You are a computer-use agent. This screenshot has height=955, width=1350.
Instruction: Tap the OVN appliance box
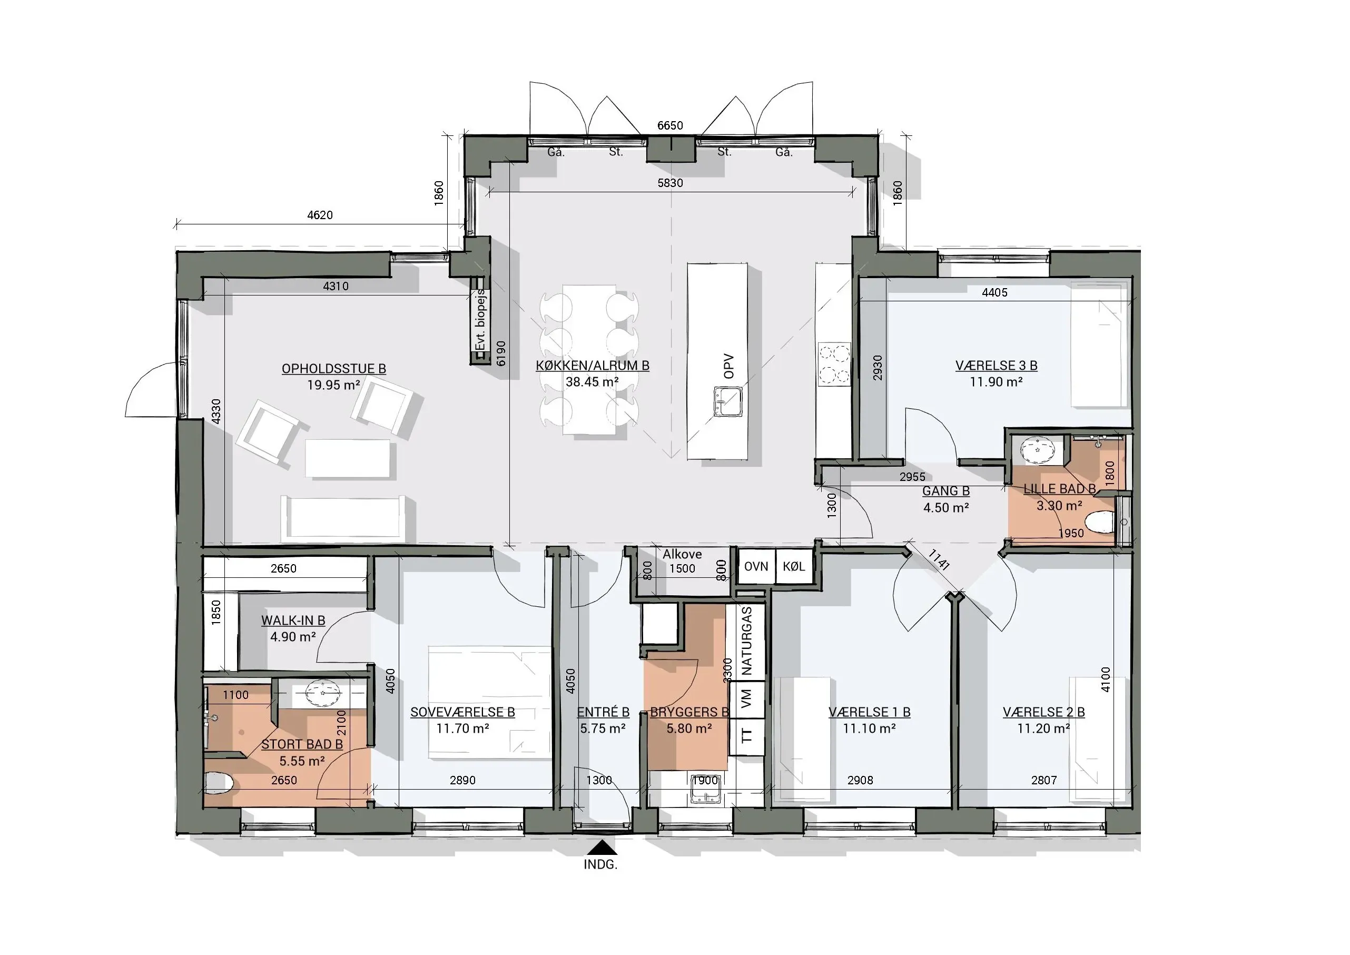point(756,566)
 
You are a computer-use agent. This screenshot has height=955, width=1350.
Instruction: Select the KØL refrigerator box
point(794,566)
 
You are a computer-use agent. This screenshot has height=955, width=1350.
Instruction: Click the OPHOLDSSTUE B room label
point(333,369)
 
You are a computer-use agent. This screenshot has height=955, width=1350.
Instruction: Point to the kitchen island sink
point(728,401)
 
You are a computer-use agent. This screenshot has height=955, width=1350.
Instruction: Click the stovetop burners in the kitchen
point(834,363)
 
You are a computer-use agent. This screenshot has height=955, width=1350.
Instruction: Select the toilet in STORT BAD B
point(219,783)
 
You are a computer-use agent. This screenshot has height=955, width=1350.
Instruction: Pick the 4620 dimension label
point(320,215)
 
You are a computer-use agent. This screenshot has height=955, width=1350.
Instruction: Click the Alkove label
point(682,554)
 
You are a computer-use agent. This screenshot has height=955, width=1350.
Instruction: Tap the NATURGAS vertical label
point(747,641)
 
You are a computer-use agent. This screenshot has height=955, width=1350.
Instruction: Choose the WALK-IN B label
point(293,621)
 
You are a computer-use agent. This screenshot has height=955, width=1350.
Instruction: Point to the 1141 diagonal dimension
point(939,560)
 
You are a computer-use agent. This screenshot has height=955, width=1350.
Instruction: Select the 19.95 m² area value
point(333,385)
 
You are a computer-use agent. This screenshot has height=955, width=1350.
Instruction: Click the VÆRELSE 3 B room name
point(996,365)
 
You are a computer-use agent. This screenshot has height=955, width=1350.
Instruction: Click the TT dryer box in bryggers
point(747,736)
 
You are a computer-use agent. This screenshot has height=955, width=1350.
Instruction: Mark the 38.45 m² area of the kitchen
point(592,382)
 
